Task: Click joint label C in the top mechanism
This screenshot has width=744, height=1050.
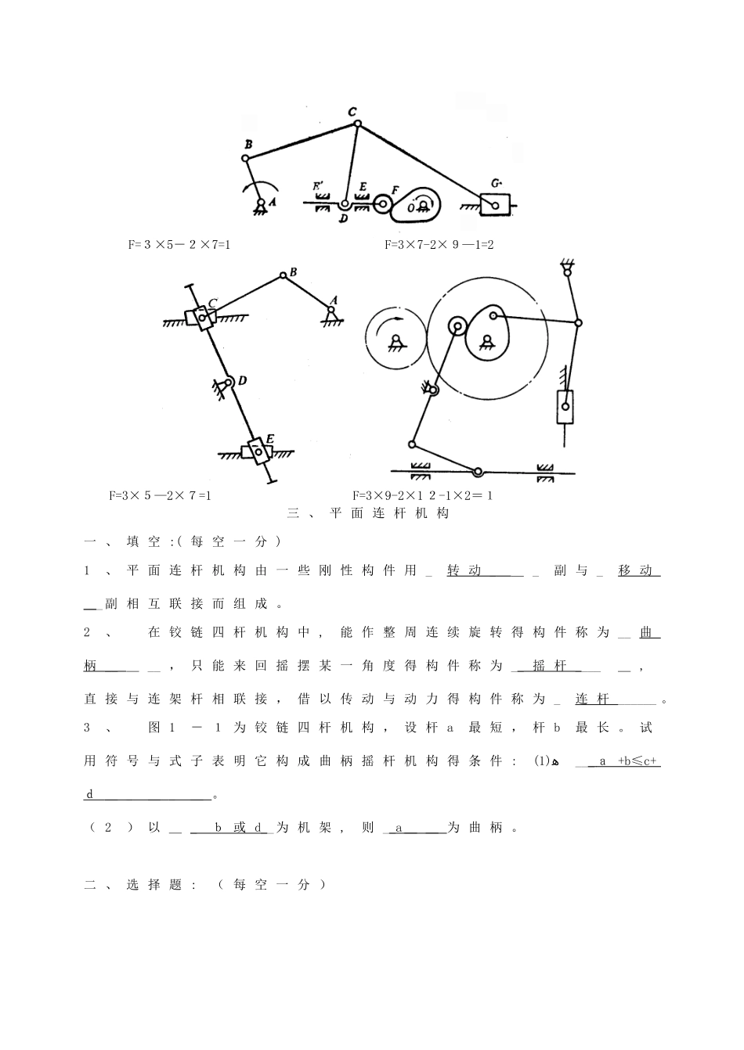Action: click(x=353, y=111)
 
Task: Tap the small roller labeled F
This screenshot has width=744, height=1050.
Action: click(x=383, y=204)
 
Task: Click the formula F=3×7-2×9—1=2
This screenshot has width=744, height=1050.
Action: click(x=439, y=245)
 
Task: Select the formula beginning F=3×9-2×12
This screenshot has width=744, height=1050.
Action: click(x=422, y=495)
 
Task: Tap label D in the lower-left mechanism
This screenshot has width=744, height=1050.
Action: click(x=243, y=381)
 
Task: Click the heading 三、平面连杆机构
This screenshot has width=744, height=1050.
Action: click(x=368, y=514)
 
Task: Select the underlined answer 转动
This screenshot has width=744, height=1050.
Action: click(x=464, y=570)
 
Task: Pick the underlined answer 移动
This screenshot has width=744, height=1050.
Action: click(x=635, y=570)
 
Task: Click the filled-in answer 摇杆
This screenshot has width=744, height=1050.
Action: click(x=549, y=666)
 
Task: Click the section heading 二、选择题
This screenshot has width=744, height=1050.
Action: click(x=140, y=885)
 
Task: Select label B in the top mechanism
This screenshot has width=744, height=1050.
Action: click(x=247, y=145)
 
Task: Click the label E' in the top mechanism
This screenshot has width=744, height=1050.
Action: click(x=319, y=187)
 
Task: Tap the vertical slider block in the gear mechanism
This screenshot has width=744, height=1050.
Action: click(x=564, y=407)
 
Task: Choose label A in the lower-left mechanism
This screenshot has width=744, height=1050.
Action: click(x=334, y=300)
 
